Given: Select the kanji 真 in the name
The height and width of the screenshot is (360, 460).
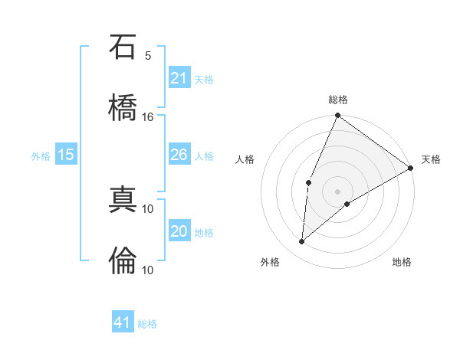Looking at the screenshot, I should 123,201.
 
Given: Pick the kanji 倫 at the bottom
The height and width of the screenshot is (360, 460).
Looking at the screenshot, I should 123,260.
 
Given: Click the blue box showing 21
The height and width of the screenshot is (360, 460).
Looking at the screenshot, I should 179,78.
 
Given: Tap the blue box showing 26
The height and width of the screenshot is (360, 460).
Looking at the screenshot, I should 179,155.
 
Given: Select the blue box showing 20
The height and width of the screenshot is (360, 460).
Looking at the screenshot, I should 179,231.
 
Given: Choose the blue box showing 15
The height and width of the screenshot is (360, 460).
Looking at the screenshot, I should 66,155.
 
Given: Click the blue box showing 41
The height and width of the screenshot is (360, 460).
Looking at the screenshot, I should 123,322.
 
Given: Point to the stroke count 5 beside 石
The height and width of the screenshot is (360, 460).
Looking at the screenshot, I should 148,56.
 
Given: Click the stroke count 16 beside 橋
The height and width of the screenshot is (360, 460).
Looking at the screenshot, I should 148,117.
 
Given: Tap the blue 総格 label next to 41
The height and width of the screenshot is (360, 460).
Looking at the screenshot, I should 147,324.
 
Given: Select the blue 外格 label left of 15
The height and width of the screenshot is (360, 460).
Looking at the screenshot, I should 41,155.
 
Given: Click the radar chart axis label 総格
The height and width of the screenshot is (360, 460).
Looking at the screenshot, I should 338,100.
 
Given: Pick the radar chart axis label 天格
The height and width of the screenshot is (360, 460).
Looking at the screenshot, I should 431,159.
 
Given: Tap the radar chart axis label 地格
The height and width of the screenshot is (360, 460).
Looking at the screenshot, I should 402,262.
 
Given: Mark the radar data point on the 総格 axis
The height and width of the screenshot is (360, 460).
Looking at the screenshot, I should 337,116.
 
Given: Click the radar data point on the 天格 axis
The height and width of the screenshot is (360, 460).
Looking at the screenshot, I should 411,168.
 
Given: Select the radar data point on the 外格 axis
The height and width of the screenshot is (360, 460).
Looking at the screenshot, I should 302,242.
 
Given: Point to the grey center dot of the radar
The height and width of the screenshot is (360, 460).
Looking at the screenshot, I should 337,191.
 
